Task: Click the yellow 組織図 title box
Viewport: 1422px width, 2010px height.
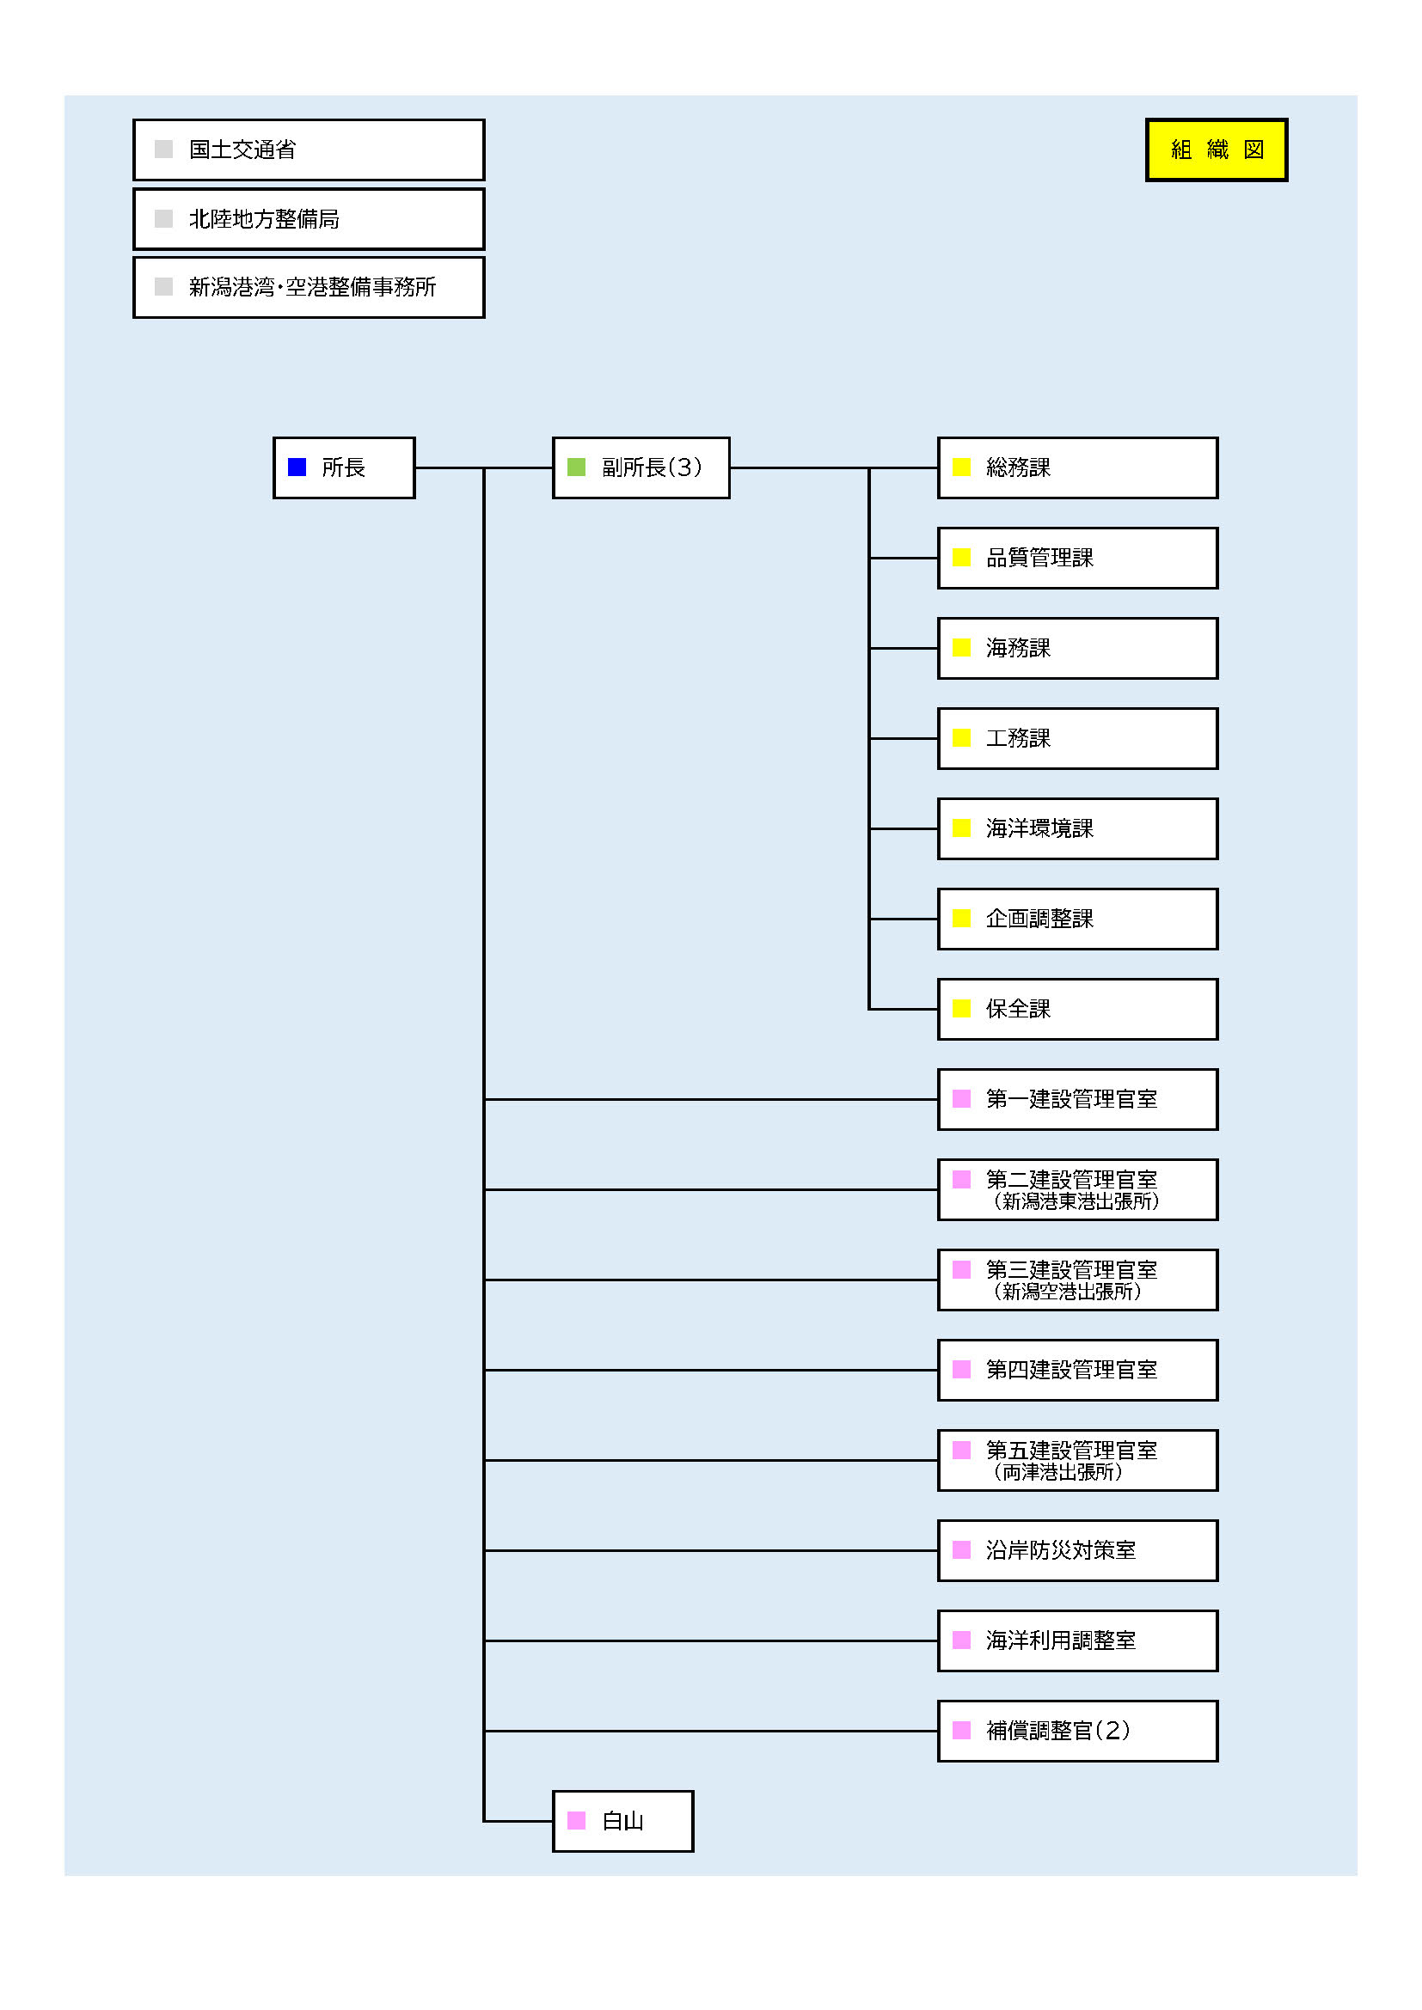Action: [x=1217, y=150]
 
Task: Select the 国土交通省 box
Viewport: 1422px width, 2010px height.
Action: [x=310, y=150]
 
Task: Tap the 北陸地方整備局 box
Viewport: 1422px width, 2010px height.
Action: [x=310, y=219]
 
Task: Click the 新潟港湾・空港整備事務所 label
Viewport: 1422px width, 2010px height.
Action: [x=313, y=287]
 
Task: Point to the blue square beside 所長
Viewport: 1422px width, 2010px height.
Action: [x=297, y=467]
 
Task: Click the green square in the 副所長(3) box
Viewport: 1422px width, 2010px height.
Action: [x=576, y=467]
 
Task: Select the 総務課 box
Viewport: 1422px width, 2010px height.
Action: [x=1078, y=467]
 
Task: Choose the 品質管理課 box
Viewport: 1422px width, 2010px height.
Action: [x=1078, y=558]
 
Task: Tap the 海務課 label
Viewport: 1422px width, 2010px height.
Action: [x=1018, y=648]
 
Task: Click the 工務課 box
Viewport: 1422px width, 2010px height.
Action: [x=1078, y=738]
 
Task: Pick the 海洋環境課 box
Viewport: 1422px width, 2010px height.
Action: [x=1078, y=828]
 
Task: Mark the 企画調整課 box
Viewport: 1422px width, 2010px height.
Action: [x=1078, y=919]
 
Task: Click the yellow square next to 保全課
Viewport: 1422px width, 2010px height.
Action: [x=961, y=1009]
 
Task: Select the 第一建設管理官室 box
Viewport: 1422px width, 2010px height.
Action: [x=1078, y=1099]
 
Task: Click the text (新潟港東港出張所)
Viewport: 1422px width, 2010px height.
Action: [x=1076, y=1201]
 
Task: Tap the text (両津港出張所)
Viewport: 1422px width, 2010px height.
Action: [x=1057, y=1471]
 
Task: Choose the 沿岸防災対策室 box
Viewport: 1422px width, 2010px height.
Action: [x=1078, y=1550]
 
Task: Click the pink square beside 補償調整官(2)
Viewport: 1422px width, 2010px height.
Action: [x=961, y=1730]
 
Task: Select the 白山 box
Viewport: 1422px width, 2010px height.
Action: [x=622, y=1821]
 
